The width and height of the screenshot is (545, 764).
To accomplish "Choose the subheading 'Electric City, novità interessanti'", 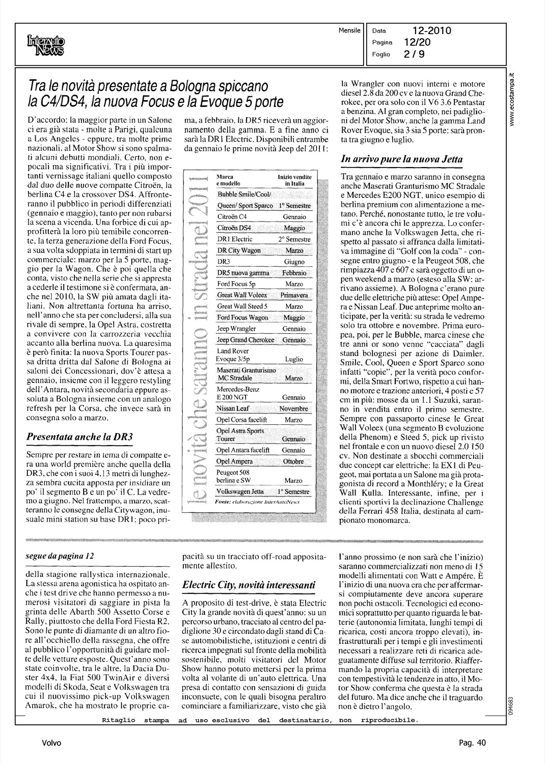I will point(249,585).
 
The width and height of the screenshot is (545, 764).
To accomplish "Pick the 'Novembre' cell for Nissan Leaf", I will point(294,409).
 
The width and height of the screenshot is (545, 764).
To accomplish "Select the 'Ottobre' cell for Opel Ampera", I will point(294,461).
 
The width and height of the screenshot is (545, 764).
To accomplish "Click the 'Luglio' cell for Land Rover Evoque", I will point(294,359).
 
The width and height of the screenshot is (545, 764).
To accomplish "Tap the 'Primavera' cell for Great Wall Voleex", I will point(294,295).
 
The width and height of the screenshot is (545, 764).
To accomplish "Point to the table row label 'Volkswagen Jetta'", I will point(240,492).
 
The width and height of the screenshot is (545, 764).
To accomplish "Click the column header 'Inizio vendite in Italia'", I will point(294,180).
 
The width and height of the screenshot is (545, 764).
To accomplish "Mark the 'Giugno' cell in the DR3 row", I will point(294,262).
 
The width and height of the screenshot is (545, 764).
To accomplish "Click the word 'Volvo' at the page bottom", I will point(52,743).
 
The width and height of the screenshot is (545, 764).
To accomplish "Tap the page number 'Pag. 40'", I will point(472,743).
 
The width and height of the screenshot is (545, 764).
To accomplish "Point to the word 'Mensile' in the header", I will point(349,31).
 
